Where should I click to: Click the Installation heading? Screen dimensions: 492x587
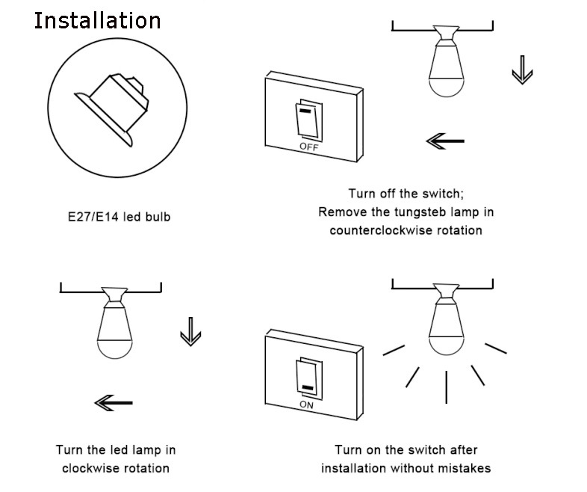[97, 20]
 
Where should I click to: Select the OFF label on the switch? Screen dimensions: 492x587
[308, 147]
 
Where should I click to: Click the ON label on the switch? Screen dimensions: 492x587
[306, 405]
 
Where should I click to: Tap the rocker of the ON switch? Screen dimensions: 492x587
[306, 378]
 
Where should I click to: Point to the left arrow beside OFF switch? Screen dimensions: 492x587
[445, 141]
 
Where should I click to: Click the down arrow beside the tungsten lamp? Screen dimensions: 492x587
[521, 73]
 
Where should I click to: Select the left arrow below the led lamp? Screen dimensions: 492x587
[114, 404]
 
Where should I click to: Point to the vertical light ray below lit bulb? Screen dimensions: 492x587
[446, 386]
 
